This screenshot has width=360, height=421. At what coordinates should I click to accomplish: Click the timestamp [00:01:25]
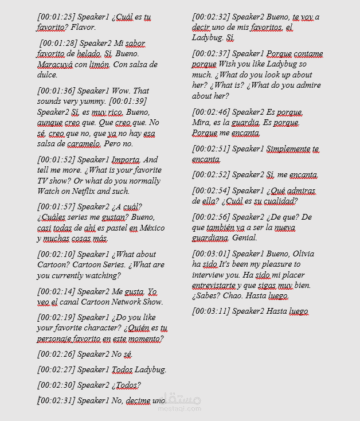pyautogui.click(x=56, y=17)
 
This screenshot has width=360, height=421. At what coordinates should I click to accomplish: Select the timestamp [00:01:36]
pyautogui.click(x=56, y=91)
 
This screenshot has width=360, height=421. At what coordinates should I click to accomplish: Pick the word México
pyautogui.click(x=152, y=228)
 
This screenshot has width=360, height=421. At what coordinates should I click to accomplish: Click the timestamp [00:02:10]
pyautogui.click(x=56, y=254)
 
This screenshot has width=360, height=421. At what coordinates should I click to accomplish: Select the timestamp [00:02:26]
pyautogui.click(x=56, y=354)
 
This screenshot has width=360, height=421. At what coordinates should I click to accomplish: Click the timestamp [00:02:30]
pyautogui.click(x=56, y=385)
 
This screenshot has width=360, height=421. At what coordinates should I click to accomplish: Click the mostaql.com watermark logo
pyautogui.click(x=182, y=401)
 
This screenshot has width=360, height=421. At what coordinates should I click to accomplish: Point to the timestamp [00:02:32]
pyautogui.click(x=211, y=17)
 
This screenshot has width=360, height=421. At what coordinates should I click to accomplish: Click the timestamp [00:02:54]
pyautogui.click(x=211, y=190)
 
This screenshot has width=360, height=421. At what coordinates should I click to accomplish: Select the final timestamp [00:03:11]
pyautogui.click(x=211, y=311)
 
